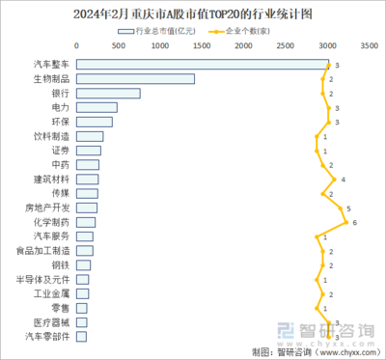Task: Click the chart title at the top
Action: [193, 13]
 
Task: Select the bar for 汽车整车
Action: [202, 65]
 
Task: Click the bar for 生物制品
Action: [135, 79]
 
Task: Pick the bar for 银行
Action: [108, 94]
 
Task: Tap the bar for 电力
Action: [96, 108]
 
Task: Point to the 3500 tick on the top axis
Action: [369, 46]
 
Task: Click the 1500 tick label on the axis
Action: [201, 46]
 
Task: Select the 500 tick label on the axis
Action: [118, 46]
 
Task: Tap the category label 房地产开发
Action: [47, 208]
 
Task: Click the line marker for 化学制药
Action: [344, 222]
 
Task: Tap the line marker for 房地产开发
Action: [339, 208]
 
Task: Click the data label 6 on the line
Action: [355, 222]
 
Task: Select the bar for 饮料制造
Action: [90, 136]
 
